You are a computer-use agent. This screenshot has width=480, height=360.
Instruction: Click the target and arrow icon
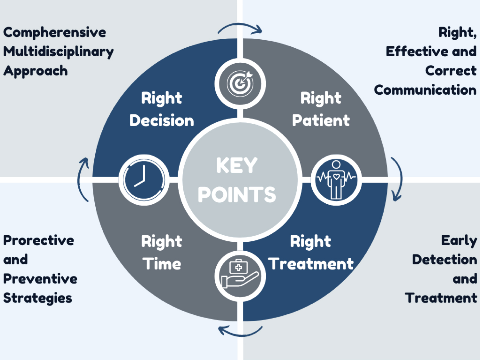pos(240,83)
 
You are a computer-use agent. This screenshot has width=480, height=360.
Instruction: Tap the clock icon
pos(144,179)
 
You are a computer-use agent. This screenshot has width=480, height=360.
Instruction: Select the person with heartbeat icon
pos(336,180)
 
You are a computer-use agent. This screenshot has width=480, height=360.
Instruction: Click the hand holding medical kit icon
pos(240,275)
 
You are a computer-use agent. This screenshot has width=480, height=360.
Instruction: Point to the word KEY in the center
pos(236,165)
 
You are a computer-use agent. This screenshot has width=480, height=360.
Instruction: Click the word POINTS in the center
pos(236,194)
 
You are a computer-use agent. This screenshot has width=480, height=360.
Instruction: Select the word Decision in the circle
pos(162,121)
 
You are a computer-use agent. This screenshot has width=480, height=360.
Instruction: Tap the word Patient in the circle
pos(321,121)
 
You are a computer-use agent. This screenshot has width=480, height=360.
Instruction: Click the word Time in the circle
pos(162,264)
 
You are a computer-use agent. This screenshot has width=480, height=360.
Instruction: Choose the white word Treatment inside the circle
pos(311,264)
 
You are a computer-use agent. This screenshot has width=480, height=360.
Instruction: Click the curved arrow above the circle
pos(240,28)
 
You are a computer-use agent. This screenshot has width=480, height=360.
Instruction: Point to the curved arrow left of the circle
pos(83,179)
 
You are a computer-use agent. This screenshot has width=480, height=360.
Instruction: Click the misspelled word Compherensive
pos(55,33)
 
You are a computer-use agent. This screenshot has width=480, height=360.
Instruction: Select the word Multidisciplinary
pos(59,52)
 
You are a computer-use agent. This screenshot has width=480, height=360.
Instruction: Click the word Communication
pos(425,90)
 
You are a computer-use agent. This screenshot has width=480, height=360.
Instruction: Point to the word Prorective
pos(39,240)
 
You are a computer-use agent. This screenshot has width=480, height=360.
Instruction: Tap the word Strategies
pos(38,298)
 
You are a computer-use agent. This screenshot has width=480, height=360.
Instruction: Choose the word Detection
pos(444,260)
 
